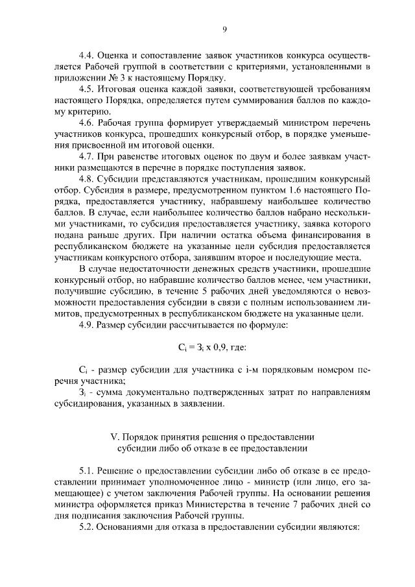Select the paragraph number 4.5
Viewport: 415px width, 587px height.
(x=86, y=90)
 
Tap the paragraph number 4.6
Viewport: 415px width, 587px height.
(x=86, y=123)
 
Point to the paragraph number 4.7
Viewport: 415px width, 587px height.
(x=86, y=156)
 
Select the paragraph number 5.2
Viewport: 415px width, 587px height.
(x=86, y=527)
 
